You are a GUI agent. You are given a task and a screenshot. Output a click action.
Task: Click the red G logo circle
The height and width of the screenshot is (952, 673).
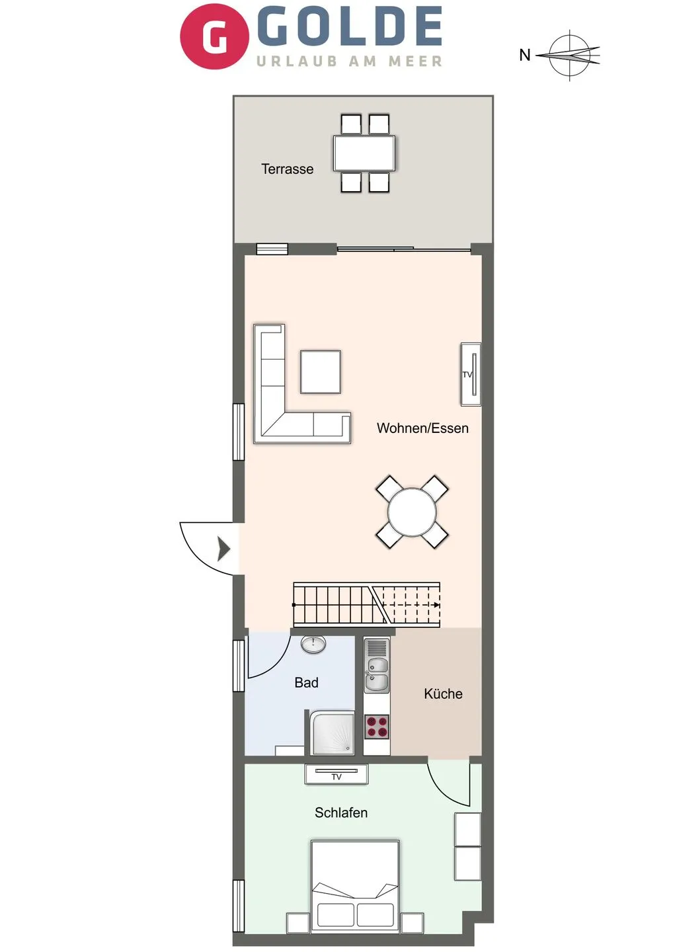point(214,36)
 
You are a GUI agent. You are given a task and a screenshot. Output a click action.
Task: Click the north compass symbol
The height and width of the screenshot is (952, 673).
point(569,56)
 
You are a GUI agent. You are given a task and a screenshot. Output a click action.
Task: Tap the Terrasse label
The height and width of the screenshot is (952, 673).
point(287,169)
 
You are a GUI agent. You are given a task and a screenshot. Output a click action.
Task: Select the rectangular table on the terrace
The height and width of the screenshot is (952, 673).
point(364,153)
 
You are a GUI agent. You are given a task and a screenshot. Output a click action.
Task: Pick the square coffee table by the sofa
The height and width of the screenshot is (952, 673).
point(321,372)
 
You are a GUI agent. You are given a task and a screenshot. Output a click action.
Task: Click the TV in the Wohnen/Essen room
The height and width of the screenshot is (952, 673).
point(470,374)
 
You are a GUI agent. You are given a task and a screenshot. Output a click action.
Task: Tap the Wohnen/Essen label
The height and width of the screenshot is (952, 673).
point(422,428)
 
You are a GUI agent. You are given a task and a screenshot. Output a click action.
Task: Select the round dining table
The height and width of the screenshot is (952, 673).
point(412,512)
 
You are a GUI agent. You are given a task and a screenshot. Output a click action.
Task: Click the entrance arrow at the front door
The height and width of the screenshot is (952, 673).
point(223,549)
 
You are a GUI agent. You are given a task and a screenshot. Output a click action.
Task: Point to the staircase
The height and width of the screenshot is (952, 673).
point(366,604)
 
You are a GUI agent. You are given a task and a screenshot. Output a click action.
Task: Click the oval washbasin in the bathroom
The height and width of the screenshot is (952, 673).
point(313,644)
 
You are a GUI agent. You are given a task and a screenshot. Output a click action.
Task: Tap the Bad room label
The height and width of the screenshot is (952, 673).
point(306,683)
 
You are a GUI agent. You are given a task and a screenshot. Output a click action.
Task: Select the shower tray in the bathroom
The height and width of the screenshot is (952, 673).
point(333,733)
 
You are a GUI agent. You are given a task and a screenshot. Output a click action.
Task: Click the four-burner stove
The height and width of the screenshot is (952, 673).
point(377,727)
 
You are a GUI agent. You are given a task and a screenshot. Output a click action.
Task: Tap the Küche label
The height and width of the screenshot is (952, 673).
point(443,694)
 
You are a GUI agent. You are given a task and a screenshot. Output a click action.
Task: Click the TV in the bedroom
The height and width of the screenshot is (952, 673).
point(336,774)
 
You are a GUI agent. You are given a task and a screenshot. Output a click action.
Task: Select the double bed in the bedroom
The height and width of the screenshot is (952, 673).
point(355,886)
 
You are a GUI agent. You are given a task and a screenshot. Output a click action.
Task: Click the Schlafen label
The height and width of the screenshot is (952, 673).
point(340,813)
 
